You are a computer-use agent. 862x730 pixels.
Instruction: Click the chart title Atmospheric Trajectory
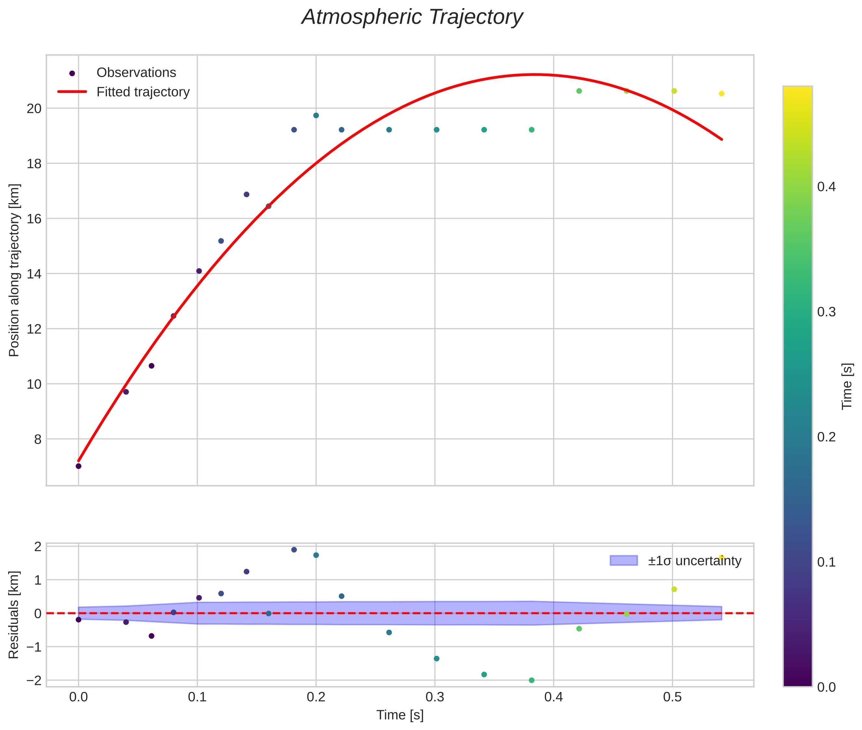click(x=412, y=17)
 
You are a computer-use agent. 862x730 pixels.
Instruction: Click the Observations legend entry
click(x=136, y=73)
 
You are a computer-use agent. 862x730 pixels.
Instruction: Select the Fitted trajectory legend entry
click(x=142, y=92)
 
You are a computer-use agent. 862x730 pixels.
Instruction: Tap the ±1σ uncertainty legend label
click(x=694, y=561)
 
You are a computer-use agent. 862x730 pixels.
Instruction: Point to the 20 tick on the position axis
click(x=34, y=109)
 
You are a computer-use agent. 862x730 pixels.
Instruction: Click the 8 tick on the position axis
click(x=38, y=439)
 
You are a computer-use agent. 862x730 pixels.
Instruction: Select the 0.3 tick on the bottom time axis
click(x=435, y=697)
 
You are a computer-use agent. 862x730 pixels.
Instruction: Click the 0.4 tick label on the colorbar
click(x=826, y=187)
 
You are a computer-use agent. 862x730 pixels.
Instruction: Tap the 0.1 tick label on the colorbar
click(x=826, y=562)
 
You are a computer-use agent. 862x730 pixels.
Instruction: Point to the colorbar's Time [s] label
click(x=847, y=386)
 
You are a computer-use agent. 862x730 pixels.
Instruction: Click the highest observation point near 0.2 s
click(x=316, y=115)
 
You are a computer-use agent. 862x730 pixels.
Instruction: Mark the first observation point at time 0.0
click(x=78, y=466)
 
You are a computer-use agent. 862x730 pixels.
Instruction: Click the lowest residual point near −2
click(x=532, y=680)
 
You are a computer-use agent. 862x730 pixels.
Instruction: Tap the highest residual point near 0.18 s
click(x=294, y=550)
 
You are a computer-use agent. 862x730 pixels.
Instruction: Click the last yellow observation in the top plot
click(x=721, y=94)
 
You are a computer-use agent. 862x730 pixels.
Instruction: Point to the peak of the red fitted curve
click(x=534, y=74)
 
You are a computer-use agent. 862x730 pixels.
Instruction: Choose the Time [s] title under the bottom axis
click(x=400, y=715)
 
